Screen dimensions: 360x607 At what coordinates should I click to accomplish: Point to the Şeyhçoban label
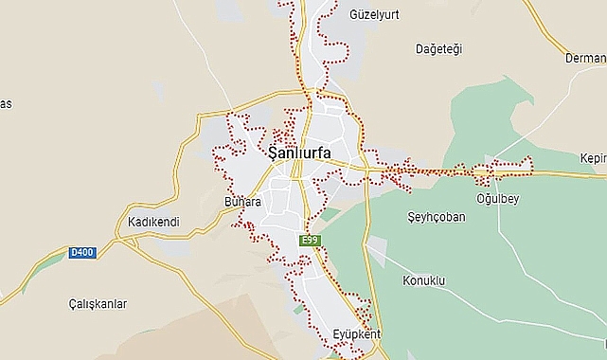[x=436, y=217]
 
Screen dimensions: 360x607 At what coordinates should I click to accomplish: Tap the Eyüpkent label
[x=356, y=334]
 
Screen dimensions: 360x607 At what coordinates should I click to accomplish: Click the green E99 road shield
[x=310, y=241]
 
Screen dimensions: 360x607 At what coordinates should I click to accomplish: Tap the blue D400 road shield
[x=82, y=253]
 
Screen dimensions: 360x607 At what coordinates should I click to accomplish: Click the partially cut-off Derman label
[x=584, y=58]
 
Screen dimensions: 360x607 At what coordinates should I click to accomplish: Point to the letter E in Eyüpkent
[x=336, y=334]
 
